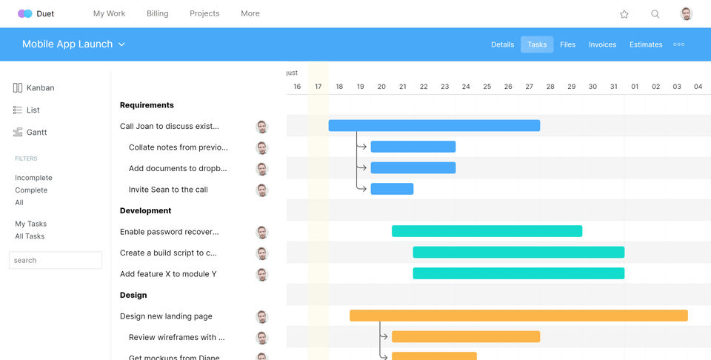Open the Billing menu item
click(x=157, y=13)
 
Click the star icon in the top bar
click(x=624, y=14)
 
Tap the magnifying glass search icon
click(x=655, y=14)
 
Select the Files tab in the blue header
click(x=567, y=44)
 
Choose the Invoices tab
click(x=602, y=44)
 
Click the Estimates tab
click(x=646, y=44)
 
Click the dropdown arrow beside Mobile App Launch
click(x=121, y=44)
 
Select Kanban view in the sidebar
click(x=40, y=87)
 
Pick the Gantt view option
click(x=36, y=132)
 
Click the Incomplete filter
click(x=33, y=178)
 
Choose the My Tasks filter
click(x=30, y=224)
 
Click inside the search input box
click(x=56, y=260)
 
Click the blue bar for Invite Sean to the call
click(x=392, y=189)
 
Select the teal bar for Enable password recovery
click(x=487, y=231)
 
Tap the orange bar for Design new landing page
click(x=518, y=316)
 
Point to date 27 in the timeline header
click(x=529, y=87)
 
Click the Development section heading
click(x=145, y=210)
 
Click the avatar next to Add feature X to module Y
click(x=261, y=274)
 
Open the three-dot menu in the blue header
click(x=678, y=44)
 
